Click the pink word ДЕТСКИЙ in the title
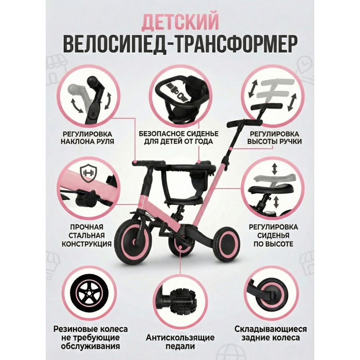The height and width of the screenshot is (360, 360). [180, 22]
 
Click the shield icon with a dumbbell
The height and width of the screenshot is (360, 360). [89, 173]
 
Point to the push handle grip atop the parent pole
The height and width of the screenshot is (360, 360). [244, 123]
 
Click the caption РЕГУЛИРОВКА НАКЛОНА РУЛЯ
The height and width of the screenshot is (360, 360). [87, 138]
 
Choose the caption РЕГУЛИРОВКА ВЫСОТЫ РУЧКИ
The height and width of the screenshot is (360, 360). [274, 138]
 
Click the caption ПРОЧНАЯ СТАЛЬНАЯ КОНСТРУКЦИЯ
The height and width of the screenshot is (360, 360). [86, 235]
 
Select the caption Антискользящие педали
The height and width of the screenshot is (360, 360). [180, 342]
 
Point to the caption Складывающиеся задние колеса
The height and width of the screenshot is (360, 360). [270, 333]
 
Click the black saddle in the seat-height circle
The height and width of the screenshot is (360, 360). [271, 189]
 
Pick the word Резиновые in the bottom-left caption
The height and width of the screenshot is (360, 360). [73, 329]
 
